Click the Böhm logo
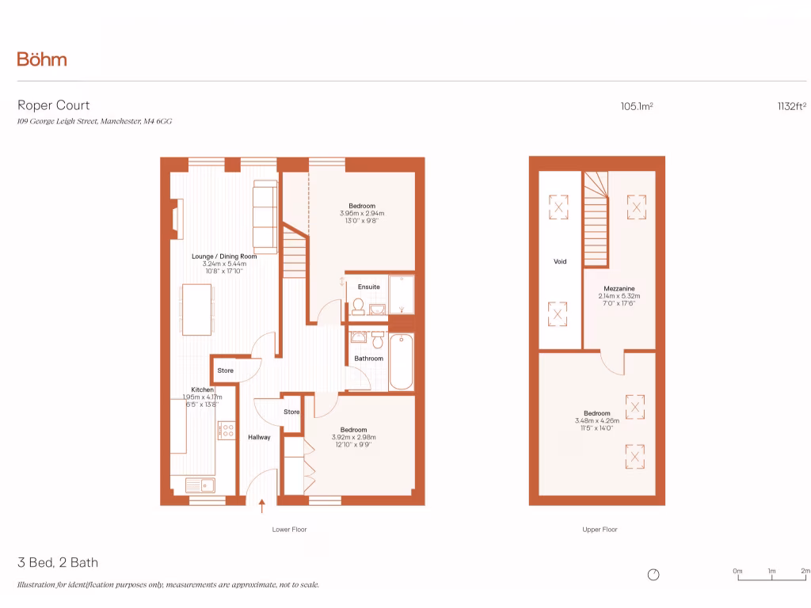coord(42,59)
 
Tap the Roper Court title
coord(54,105)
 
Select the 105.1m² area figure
coord(637,106)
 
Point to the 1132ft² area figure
coord(791,106)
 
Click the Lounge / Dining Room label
coord(224,256)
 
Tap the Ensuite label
coord(369,287)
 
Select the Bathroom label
coord(368,359)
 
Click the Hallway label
coord(259,437)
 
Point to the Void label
coord(560,260)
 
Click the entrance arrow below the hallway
coord(262,505)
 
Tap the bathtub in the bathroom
coord(401,362)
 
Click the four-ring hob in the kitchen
coord(226,431)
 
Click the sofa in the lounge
coord(265,215)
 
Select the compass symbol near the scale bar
coord(653,575)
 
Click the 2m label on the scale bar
coord(805,570)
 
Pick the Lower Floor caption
coord(289,530)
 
